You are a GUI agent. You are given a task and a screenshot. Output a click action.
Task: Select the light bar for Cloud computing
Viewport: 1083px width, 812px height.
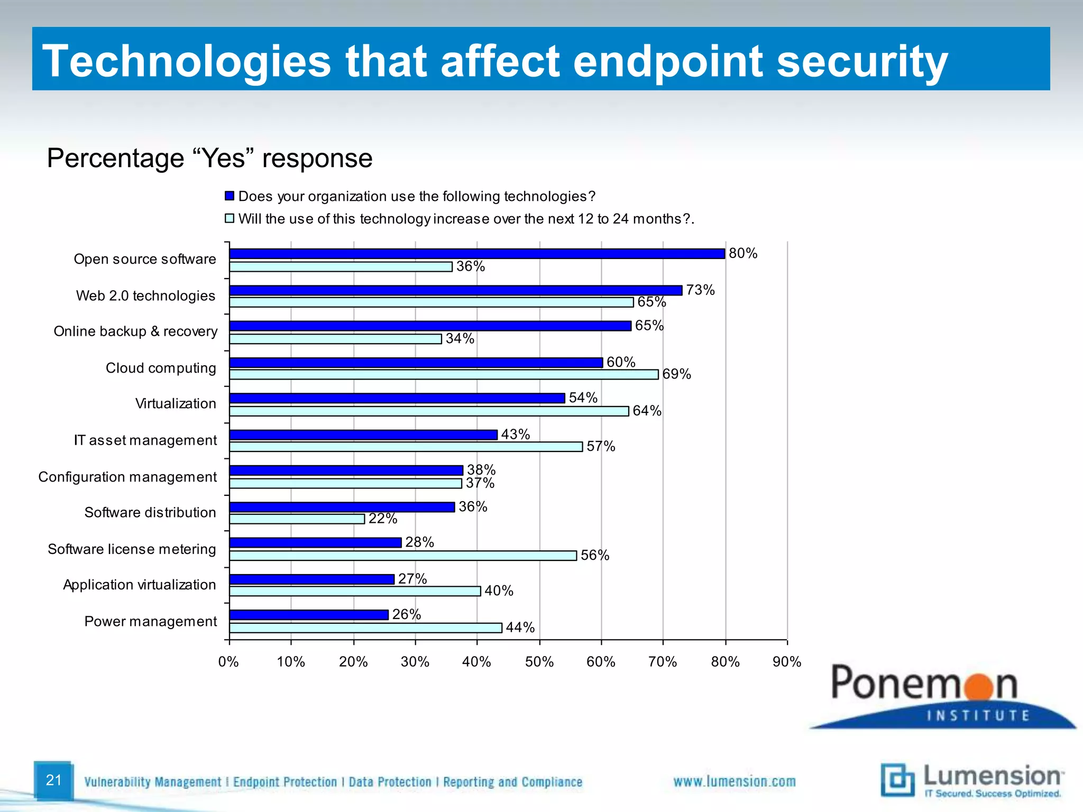point(444,375)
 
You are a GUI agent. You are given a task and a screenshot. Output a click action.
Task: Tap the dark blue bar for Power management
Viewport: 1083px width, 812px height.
point(309,615)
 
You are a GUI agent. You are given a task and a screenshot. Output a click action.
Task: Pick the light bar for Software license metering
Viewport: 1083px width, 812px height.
point(403,556)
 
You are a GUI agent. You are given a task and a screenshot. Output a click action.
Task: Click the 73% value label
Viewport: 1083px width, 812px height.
point(700,290)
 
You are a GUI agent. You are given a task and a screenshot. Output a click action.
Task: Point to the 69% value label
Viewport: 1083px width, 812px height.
point(676,374)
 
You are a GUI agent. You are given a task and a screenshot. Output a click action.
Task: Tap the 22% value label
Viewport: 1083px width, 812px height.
point(383,519)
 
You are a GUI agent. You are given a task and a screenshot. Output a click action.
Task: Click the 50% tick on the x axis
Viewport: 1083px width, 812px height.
point(539,662)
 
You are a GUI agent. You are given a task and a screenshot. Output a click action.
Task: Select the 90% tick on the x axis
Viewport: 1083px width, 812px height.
point(787,662)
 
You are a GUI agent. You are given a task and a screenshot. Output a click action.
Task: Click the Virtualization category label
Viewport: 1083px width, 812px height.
point(176,404)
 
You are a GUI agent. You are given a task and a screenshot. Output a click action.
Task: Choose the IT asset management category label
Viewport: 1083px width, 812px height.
point(145,440)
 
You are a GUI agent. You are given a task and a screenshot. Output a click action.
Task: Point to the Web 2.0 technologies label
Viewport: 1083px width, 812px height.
point(145,296)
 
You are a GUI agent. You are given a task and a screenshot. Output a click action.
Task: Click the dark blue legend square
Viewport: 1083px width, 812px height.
point(230,196)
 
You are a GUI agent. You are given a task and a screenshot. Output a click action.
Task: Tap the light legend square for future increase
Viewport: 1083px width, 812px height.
point(230,218)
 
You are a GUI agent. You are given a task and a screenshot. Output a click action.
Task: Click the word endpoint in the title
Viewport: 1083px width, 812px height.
point(667,61)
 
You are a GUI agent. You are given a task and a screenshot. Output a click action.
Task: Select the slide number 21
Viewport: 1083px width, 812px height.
point(54,780)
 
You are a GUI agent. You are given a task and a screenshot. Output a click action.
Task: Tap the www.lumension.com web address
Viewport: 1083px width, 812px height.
point(734,781)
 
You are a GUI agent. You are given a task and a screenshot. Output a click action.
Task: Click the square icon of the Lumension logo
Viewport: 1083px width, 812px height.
point(897,779)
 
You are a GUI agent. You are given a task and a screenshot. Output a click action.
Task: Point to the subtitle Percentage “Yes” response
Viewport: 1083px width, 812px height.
point(210,158)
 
